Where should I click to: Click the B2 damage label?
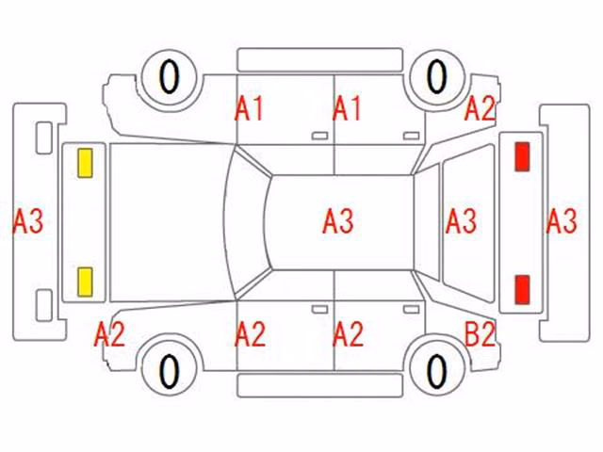click(x=480, y=334)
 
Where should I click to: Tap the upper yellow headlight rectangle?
click(x=85, y=163)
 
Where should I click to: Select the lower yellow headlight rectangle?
click(x=85, y=282)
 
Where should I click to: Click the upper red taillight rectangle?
click(x=522, y=156)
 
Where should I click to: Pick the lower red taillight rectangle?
click(x=522, y=289)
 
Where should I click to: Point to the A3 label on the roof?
click(x=338, y=221)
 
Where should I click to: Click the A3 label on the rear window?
click(x=461, y=221)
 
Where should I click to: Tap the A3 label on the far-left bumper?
click(x=28, y=221)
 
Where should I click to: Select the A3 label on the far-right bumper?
click(x=562, y=221)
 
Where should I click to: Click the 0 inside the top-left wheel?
click(x=170, y=77)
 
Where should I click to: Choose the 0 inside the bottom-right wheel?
click(x=437, y=371)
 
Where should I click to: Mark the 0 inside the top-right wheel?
click(x=437, y=76)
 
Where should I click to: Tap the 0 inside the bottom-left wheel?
click(x=170, y=371)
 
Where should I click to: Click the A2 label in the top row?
click(x=480, y=109)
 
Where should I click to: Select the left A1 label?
click(x=249, y=109)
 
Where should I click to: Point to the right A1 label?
click(x=347, y=109)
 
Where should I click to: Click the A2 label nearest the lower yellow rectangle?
click(x=109, y=334)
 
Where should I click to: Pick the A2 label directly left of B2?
click(x=348, y=334)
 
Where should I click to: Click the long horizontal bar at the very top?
click(x=320, y=60)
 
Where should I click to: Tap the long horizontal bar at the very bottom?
click(x=320, y=385)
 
